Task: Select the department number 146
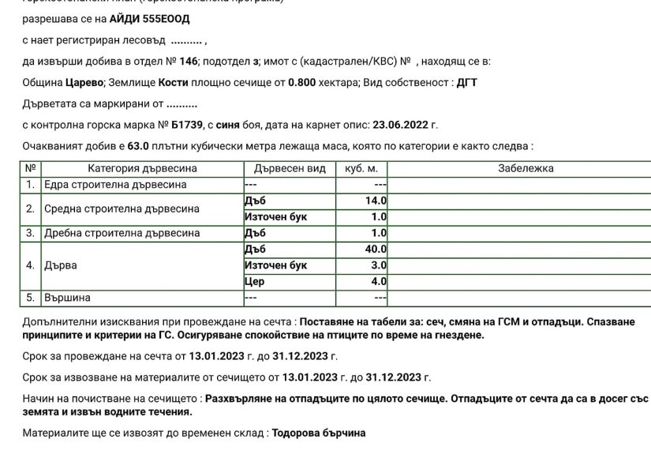coord(184,62)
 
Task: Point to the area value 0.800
coord(303,82)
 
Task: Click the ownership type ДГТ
coord(467,82)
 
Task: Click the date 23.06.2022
coord(400,125)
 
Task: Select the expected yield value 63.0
coord(139,146)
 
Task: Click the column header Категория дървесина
coord(142,168)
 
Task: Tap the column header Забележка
coord(526,168)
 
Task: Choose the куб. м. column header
coord(361,168)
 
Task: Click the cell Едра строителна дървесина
coord(115,185)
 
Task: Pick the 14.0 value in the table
coord(376,201)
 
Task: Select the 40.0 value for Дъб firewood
coord(376,250)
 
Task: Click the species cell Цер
coord(255,281)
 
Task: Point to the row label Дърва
coord(60,265)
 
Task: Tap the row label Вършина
coord(67,298)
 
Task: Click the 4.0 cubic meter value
coord(379,281)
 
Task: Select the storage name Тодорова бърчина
coord(319,433)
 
